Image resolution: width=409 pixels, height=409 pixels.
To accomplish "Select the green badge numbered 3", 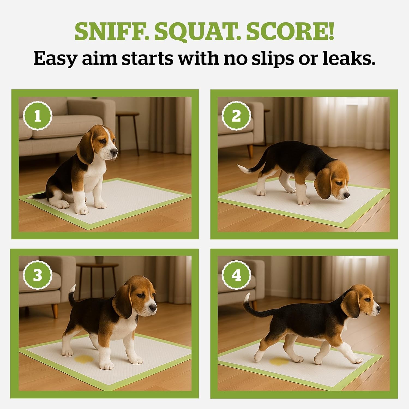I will [x=37, y=276].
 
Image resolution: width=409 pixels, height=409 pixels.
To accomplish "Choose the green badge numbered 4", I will [x=236, y=276].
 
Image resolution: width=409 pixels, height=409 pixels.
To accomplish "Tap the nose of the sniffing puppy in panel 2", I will [x=347, y=195].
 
